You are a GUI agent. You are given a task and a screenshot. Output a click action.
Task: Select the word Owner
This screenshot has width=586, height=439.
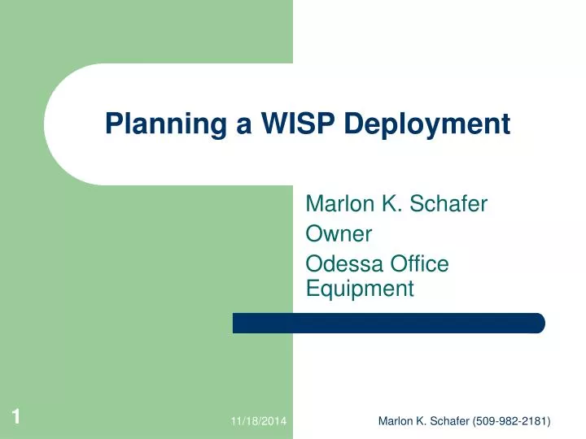pos(338,234)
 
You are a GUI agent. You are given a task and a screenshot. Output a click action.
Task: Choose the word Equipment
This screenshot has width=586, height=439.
pos(359,288)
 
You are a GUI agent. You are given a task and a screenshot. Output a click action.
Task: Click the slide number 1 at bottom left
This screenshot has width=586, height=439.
pos(15,418)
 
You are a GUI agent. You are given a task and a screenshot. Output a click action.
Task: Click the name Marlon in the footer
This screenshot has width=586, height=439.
pos(396,420)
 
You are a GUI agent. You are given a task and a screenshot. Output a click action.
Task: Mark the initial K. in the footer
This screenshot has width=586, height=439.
pos(419,420)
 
